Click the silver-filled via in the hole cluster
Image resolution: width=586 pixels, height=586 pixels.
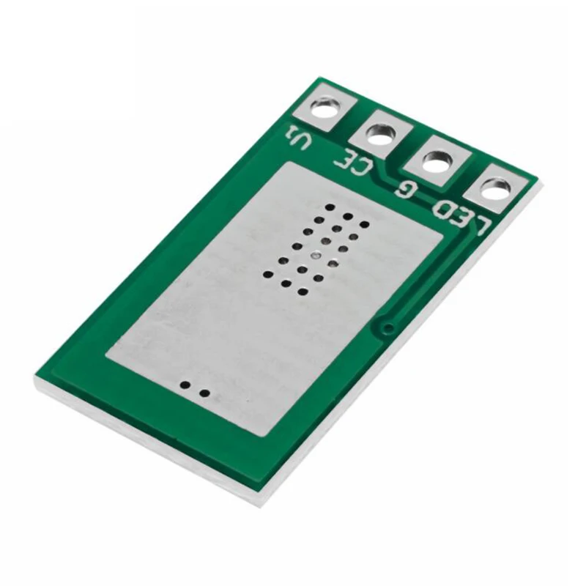[x=314, y=255]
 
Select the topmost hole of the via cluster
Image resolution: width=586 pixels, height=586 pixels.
[x=330, y=207]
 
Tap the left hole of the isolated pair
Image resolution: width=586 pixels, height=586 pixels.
[x=186, y=385]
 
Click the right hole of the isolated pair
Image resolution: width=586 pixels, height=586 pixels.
[x=204, y=393]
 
